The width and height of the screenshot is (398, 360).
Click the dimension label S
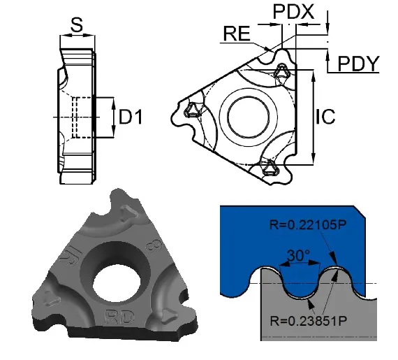point(77,25)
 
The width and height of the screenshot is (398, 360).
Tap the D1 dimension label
point(131,117)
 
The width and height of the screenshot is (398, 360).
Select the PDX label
point(293,11)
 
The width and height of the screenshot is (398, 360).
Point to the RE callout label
point(237,34)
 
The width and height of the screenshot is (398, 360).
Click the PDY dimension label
point(358,64)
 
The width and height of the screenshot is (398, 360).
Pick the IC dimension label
point(325,117)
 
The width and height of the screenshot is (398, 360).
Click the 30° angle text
point(298,255)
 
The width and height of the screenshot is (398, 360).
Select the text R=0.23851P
point(308,321)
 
